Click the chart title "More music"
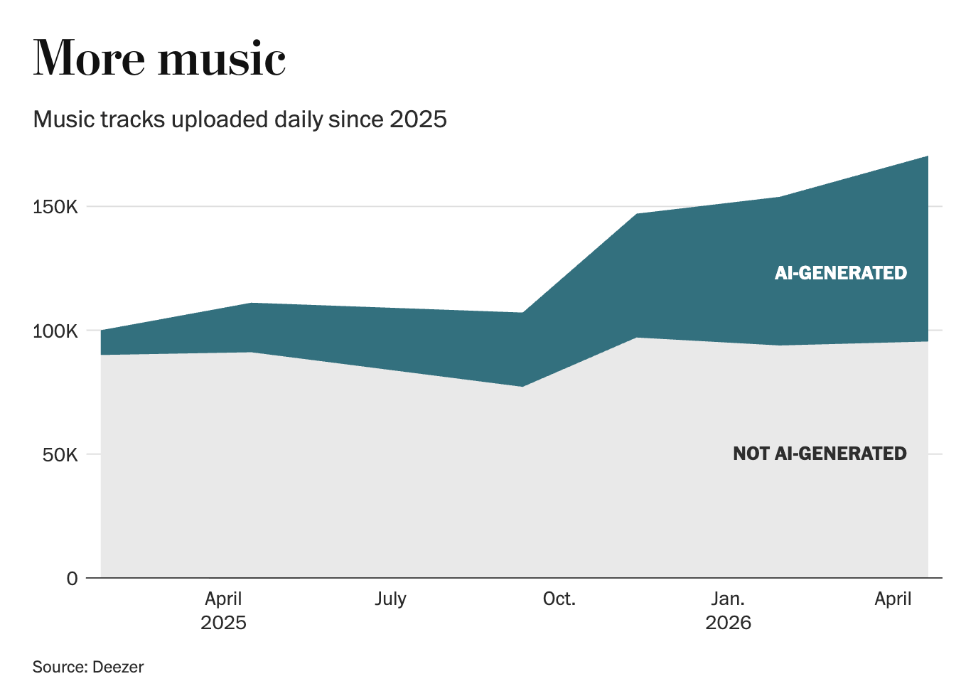pyautogui.click(x=159, y=58)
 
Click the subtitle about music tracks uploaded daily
pyautogui.click(x=240, y=119)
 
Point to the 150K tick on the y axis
pyautogui.click(x=55, y=208)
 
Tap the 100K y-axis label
pyautogui.click(x=55, y=331)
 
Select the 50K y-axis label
pyautogui.click(x=60, y=455)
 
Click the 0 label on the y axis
pyautogui.click(x=72, y=579)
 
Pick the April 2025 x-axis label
pyautogui.click(x=223, y=610)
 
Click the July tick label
pyautogui.click(x=390, y=599)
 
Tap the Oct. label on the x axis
pyautogui.click(x=559, y=599)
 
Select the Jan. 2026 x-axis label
pyautogui.click(x=728, y=610)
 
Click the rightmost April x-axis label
pyautogui.click(x=893, y=599)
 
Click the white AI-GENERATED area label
pyautogui.click(x=841, y=273)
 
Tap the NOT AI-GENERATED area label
pyautogui.click(x=820, y=454)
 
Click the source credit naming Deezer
pyautogui.click(x=88, y=667)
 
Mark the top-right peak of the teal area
pyautogui.click(x=928, y=156)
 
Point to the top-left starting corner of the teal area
pyautogui.click(x=101, y=330)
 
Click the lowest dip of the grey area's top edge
pyautogui.click(x=522, y=387)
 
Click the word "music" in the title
pyautogui.click(x=222, y=58)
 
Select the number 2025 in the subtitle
pyautogui.click(x=418, y=119)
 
